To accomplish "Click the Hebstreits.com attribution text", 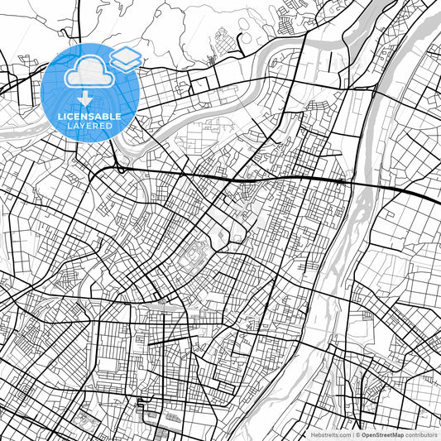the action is coord(330,434).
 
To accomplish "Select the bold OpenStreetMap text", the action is coord(382,434).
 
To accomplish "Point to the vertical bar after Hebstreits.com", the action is coord(352,434).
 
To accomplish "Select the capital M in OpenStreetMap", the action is coord(395,434).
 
